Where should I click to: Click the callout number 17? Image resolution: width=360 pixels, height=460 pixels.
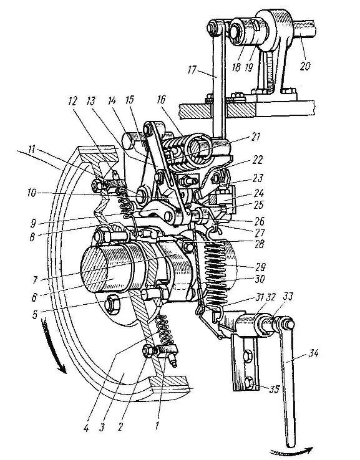193,70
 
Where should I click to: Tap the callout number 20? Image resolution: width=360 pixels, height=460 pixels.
305,65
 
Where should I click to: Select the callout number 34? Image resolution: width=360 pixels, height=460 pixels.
313,354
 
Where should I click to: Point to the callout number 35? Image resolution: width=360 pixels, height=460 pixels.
275,390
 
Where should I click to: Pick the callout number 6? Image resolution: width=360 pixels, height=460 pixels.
35,298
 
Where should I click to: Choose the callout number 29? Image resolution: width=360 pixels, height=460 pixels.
260,267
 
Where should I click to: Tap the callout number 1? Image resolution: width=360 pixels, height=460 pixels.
157,425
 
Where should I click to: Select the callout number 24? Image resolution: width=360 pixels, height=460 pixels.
259,194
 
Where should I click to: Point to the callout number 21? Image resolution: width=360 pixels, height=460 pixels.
256,137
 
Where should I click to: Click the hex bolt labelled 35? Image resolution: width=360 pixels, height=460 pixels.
248,382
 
